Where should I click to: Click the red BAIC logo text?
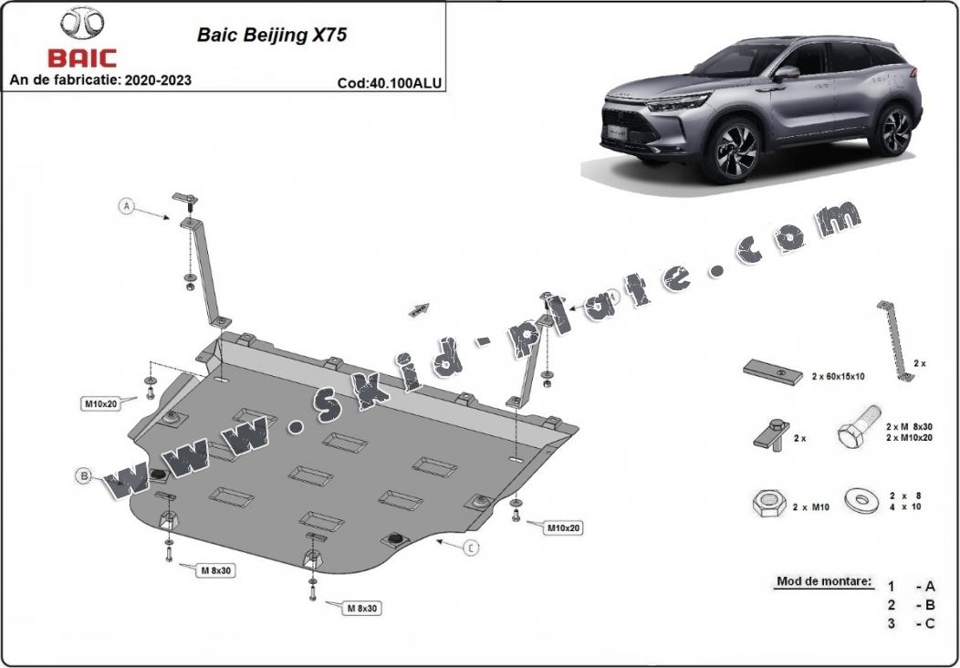point(82,58)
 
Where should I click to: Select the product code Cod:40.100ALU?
point(389,82)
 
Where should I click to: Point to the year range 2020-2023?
point(160,80)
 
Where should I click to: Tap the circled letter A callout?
point(127,206)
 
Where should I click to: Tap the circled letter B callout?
point(83,475)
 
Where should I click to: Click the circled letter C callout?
point(471,548)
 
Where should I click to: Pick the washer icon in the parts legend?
point(860,499)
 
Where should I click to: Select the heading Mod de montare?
point(823,581)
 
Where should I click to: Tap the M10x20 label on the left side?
point(102,402)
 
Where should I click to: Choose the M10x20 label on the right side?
point(564,527)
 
